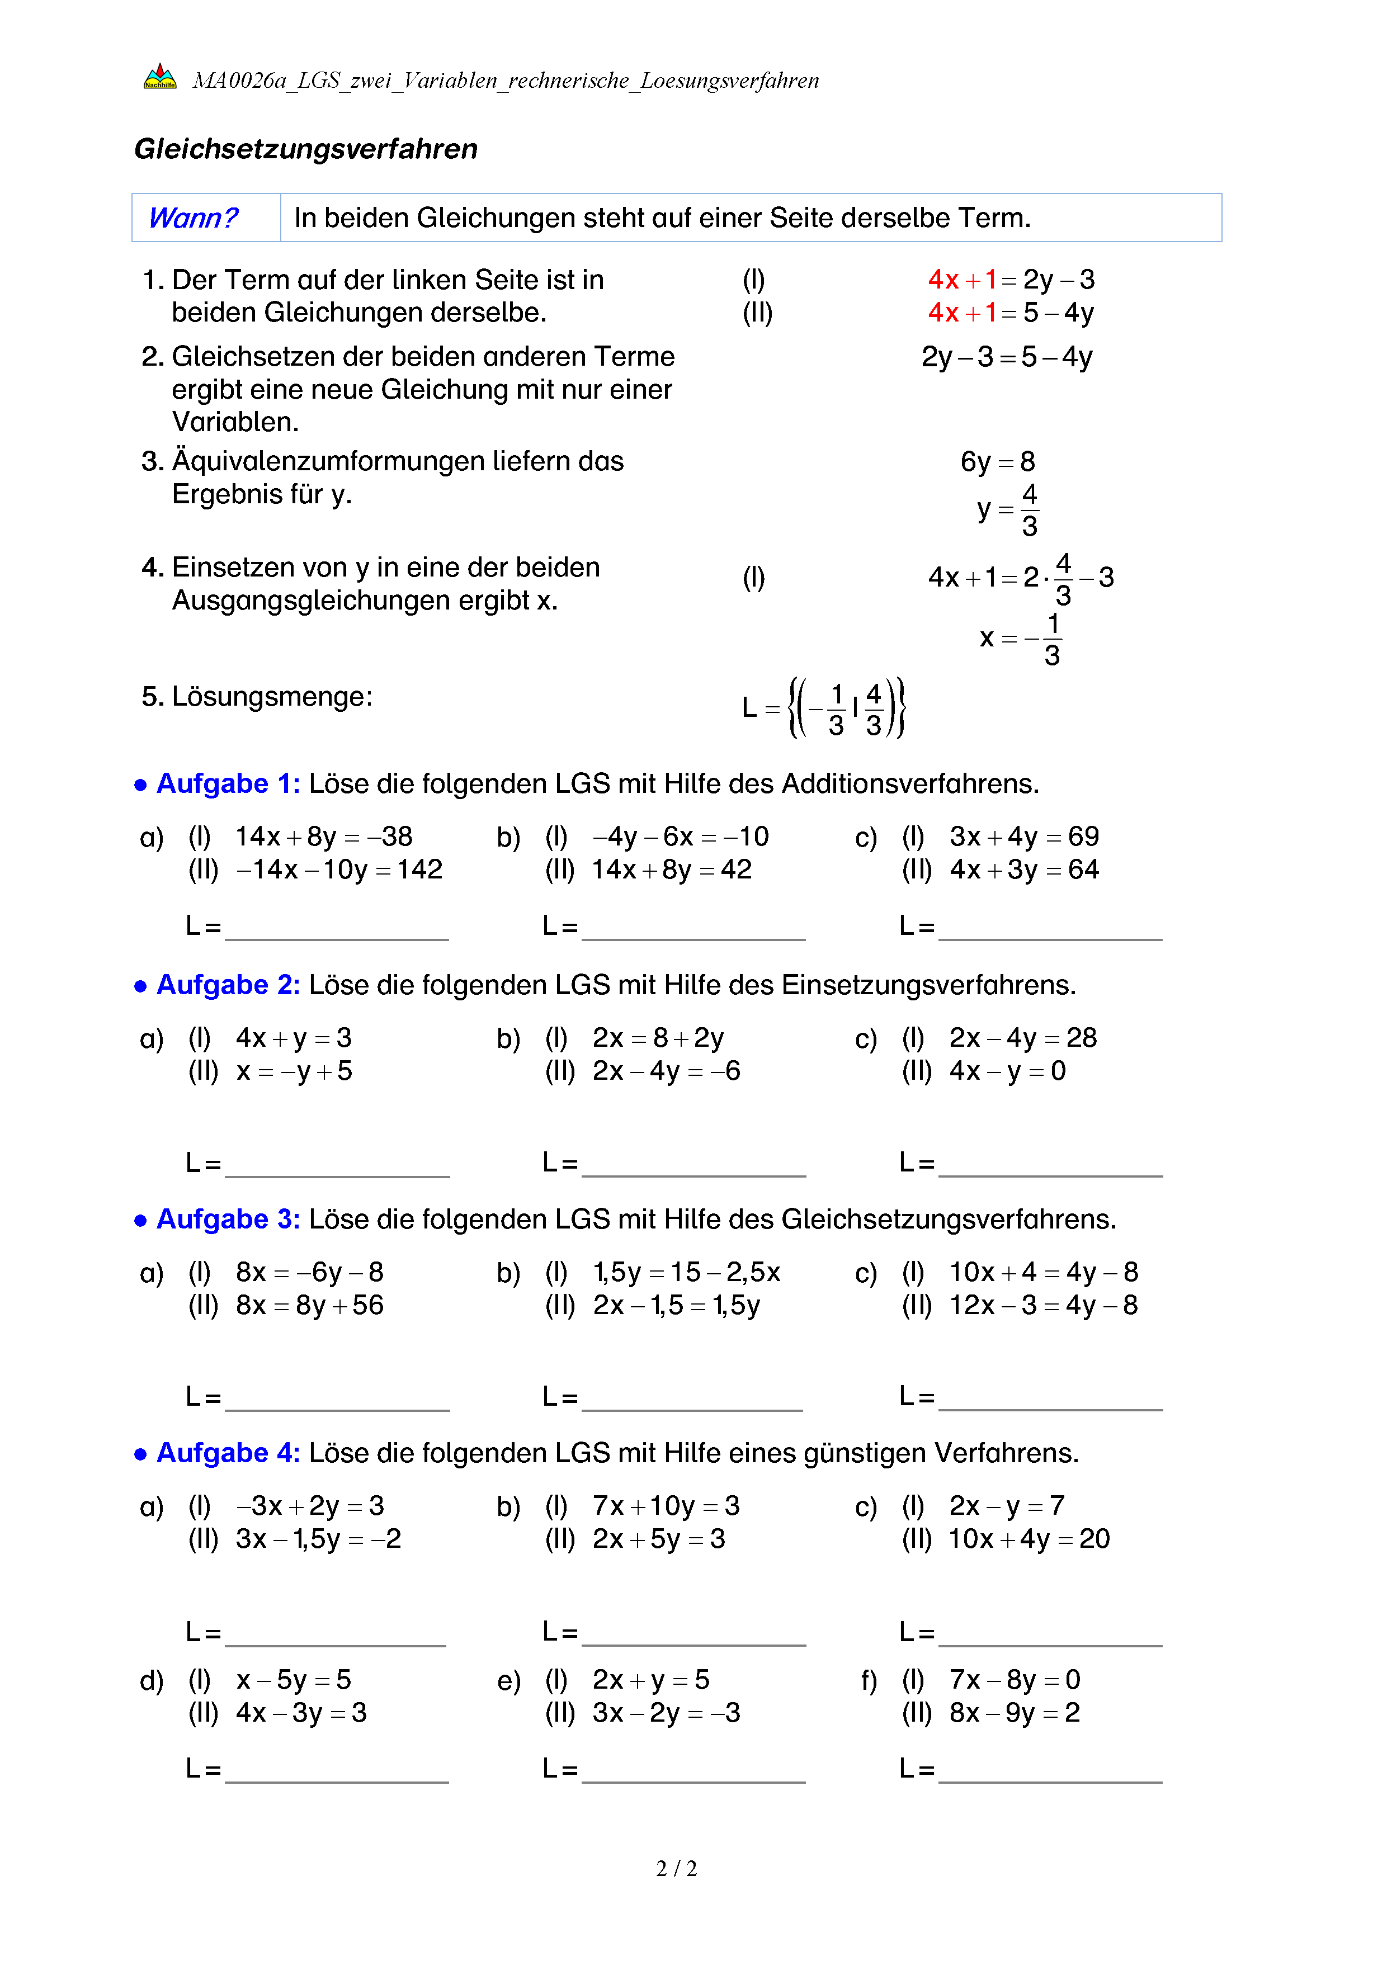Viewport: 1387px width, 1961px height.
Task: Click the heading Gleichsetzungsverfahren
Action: [306, 149]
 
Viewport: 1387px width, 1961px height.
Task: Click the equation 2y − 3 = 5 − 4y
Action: [1006, 357]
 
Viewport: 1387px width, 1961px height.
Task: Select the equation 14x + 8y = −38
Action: [324, 837]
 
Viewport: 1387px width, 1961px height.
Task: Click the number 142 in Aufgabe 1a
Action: [419, 870]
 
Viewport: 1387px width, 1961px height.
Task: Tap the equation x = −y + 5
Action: [294, 1072]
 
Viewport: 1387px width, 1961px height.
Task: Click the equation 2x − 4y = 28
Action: [1022, 1038]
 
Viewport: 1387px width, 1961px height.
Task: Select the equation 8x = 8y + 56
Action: [309, 1306]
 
